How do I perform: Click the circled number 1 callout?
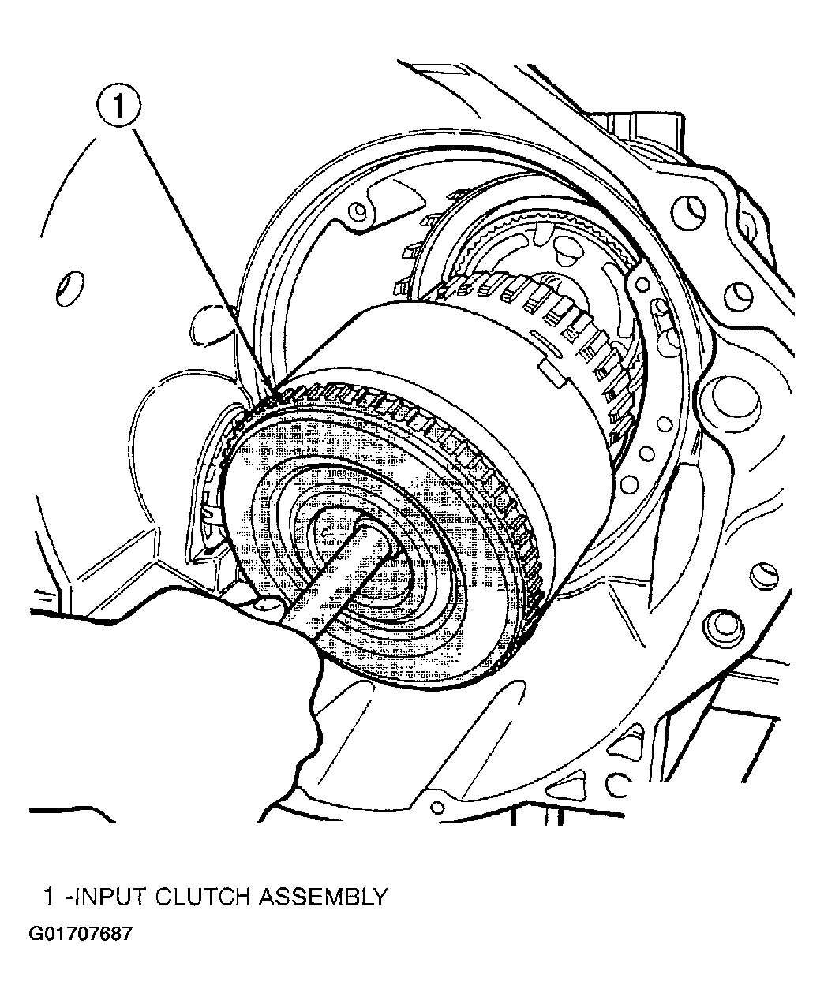click(x=118, y=106)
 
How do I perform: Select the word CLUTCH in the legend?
click(x=202, y=897)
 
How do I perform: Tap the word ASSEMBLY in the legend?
click(x=323, y=897)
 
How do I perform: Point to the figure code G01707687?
click(x=81, y=946)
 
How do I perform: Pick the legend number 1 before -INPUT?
click(x=49, y=897)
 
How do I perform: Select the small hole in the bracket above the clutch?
click(x=358, y=209)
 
